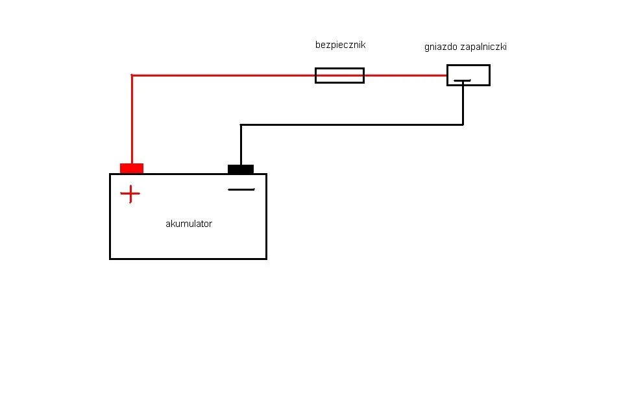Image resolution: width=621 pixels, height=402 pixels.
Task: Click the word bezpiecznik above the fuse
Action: [x=340, y=45]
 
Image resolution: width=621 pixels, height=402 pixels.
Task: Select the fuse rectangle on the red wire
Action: [x=339, y=75]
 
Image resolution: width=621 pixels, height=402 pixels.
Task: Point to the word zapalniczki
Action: [x=483, y=47]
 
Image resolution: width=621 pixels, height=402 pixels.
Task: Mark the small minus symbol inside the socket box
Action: [x=462, y=81]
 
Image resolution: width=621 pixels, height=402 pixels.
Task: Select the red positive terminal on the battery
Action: [x=132, y=169]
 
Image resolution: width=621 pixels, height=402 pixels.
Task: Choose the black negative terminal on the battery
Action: [x=241, y=169]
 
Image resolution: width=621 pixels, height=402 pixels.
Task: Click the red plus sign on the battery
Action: [x=130, y=194]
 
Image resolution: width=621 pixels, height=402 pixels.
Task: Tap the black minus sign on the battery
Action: [x=241, y=190]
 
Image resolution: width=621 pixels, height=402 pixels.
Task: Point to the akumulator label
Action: [x=189, y=224]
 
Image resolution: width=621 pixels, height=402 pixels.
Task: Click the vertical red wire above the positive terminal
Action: [x=132, y=120]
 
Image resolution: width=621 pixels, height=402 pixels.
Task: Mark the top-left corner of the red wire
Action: [x=132, y=76]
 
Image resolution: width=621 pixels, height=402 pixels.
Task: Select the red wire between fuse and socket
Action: [x=405, y=75]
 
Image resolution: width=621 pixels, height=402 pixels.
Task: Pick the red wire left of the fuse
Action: [x=224, y=75]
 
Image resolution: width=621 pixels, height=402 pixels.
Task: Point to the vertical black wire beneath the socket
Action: [x=463, y=104]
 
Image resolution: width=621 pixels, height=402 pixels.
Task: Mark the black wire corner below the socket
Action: [x=463, y=124]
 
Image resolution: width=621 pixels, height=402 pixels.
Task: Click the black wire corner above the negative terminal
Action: [x=241, y=124]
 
